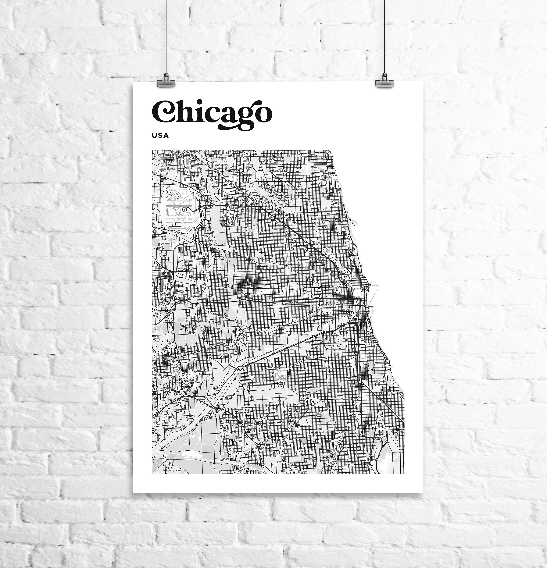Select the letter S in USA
(x=160, y=135)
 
